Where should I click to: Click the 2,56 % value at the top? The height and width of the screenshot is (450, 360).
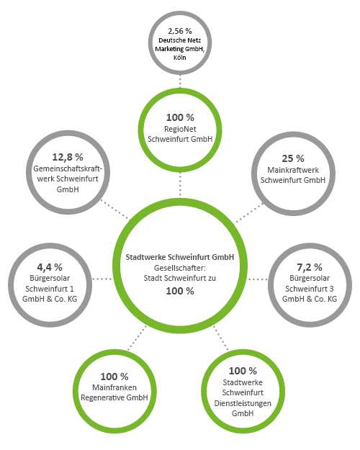(180, 31)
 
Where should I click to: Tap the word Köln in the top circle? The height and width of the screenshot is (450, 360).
(180, 58)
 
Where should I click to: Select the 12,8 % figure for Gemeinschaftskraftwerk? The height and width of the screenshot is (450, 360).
(68, 157)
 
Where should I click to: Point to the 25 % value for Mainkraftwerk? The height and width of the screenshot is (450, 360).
(293, 158)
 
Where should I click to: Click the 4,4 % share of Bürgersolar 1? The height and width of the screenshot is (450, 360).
(50, 267)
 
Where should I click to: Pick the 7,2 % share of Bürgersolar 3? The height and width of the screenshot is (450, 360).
(310, 267)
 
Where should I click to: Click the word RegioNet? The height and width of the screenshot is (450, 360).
(180, 129)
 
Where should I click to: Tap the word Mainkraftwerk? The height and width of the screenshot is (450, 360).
(293, 170)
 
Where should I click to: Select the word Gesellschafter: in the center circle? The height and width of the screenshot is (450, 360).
(180, 268)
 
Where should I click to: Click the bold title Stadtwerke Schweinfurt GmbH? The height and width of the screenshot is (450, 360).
(180, 257)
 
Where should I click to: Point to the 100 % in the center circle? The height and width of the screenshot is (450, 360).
(180, 291)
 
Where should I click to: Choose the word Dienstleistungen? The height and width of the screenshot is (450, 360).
(243, 403)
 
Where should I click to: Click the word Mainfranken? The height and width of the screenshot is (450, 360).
(114, 387)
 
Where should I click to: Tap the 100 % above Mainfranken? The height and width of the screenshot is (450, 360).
(114, 377)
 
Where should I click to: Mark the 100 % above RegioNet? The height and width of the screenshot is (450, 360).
(180, 117)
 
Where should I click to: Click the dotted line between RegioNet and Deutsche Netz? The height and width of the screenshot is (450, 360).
(180, 81)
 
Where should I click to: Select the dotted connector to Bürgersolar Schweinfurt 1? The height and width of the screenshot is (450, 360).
(102, 279)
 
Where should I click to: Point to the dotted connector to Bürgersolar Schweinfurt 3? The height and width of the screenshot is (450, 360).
(258, 279)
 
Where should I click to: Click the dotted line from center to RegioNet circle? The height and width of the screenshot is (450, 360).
(180, 184)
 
